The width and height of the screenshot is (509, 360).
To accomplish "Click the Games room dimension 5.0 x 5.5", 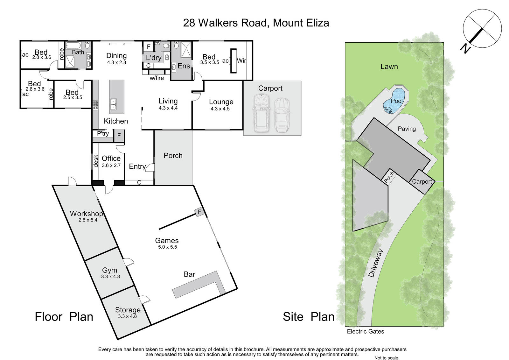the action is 167,247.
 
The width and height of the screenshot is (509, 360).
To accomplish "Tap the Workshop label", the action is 86,214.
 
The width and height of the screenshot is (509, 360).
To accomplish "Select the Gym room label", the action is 109,271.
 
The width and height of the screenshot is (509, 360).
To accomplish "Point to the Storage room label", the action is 128,310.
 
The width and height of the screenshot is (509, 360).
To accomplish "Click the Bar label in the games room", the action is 190,274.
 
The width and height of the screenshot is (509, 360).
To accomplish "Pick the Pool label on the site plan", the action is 397,101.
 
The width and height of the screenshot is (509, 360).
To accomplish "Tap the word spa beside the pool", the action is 388,110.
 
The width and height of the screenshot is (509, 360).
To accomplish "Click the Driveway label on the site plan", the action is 376,263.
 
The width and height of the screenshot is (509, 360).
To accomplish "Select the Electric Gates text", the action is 366,331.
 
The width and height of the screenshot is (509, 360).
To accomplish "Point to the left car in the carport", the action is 261,113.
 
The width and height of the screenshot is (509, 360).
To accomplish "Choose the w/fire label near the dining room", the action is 157,78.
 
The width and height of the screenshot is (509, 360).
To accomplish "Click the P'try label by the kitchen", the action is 103,133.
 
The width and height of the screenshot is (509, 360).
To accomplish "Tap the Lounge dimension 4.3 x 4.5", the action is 220,109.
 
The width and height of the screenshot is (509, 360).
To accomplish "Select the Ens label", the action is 184,66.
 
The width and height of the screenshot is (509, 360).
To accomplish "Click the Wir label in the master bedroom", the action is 241,60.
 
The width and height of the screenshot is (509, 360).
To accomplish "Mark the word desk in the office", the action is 96,161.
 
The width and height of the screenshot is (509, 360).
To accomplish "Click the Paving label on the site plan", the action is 407,129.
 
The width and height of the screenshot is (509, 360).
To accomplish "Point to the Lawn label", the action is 389,67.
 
